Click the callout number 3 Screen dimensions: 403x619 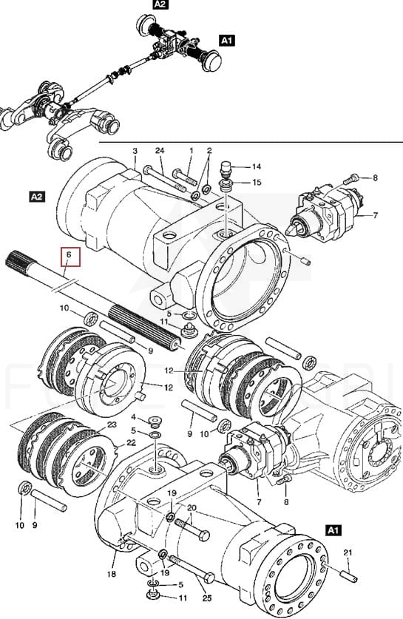click(x=135, y=151)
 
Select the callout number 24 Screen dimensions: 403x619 click(x=160, y=150)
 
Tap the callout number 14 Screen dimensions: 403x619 click(x=256, y=166)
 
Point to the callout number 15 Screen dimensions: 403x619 click(x=257, y=182)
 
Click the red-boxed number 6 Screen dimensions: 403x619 click(x=70, y=255)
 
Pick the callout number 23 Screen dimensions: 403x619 click(x=112, y=424)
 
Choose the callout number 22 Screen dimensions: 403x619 click(x=131, y=443)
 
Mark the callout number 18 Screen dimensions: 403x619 click(x=112, y=574)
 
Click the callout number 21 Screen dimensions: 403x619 click(x=348, y=552)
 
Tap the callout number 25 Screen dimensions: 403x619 click(x=207, y=598)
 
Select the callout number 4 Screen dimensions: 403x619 click(x=133, y=417)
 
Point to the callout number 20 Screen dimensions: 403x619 click(x=192, y=507)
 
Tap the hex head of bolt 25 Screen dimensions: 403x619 click(x=209, y=578)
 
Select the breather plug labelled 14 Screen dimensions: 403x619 click(x=226, y=168)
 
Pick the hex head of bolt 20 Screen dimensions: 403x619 click(x=203, y=536)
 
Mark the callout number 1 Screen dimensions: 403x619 click(x=192, y=151)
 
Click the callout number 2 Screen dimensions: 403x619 click(x=209, y=150)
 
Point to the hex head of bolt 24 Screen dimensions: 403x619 click(x=147, y=170)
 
